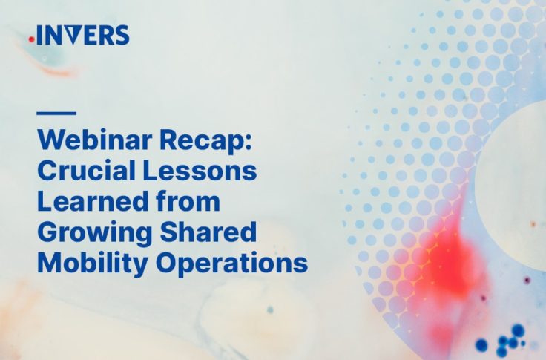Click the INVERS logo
tap(79, 35)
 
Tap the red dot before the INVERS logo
tap(31, 40)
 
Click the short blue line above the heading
tap(56, 113)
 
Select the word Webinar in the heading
tap(95, 140)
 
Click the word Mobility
tap(92, 264)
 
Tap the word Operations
tap(231, 264)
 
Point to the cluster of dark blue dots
tap(501, 340)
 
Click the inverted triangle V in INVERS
tap(75, 35)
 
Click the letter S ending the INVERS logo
tap(122, 35)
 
